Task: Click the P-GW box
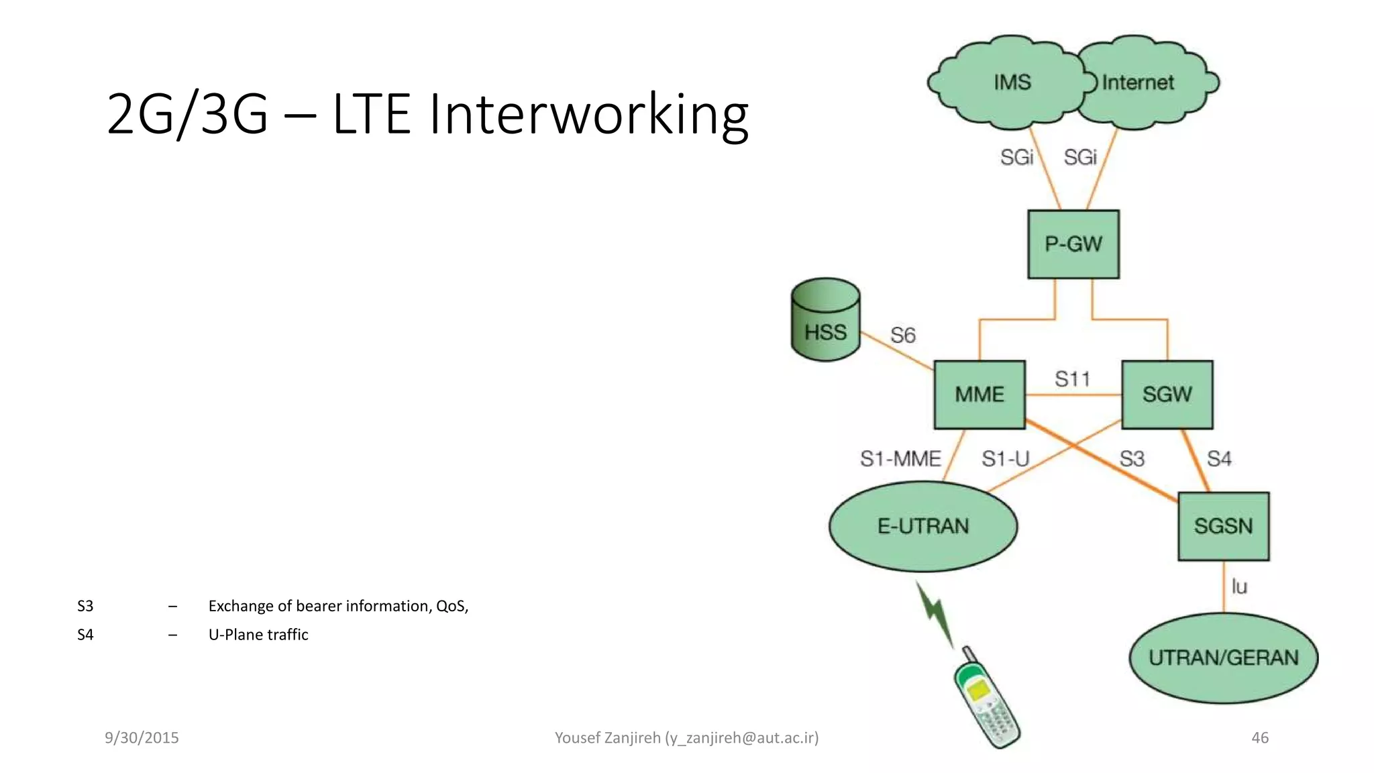1073,244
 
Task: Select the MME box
980,395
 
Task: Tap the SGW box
1167,395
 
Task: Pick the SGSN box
1224,526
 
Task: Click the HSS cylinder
825,321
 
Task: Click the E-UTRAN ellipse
923,526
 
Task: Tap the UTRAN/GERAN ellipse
1224,658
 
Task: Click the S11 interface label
1072,379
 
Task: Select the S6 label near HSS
902,335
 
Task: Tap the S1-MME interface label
900,459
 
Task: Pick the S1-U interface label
1005,459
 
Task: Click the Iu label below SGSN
1239,586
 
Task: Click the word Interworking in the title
588,114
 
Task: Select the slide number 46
1260,737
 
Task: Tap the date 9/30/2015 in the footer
142,737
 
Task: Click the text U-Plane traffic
258,635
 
